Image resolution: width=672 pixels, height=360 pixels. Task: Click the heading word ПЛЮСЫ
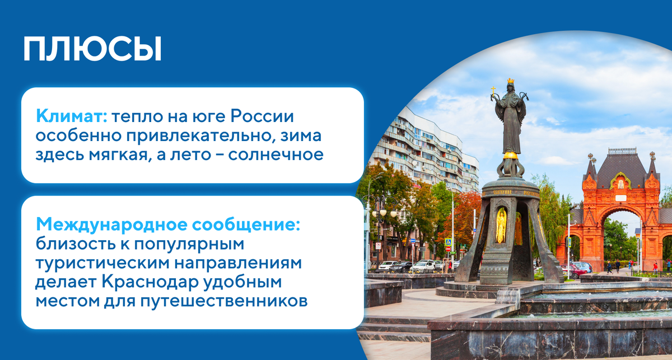point(92,49)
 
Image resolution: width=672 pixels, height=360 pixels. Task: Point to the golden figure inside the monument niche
point(501,225)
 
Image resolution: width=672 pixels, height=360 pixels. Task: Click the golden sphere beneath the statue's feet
point(510,155)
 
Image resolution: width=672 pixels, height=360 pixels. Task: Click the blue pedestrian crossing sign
point(448,242)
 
